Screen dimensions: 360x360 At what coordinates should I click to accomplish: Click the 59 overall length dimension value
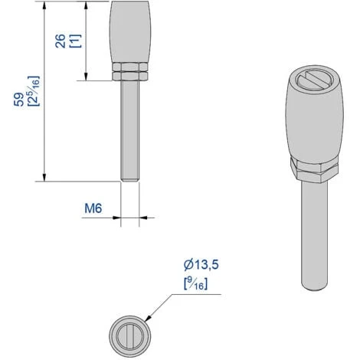(x=18, y=100)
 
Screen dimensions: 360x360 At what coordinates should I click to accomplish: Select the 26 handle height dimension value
(x=61, y=41)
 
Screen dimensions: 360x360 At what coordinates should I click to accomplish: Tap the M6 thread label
(x=93, y=208)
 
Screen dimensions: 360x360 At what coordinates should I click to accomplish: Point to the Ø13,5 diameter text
(x=201, y=265)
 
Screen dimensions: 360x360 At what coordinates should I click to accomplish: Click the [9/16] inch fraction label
(x=195, y=283)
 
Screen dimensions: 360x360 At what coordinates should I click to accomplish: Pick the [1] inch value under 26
(x=76, y=41)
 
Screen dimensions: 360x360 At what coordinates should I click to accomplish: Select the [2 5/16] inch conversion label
(x=34, y=91)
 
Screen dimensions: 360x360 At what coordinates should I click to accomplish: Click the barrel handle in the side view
(x=130, y=32)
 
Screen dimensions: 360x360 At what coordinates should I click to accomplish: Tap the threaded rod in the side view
(x=130, y=131)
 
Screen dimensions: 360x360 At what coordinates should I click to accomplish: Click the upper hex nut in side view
(x=130, y=67)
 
